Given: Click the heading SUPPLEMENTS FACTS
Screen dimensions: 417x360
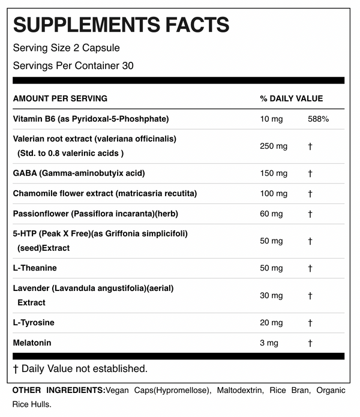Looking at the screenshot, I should [121, 25].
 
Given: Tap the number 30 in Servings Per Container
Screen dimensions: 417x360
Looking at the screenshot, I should [127, 65].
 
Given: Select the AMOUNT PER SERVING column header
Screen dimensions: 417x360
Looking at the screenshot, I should [60, 98].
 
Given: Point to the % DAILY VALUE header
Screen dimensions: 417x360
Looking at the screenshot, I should [291, 98].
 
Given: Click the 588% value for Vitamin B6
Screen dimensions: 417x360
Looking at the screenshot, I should [317, 119].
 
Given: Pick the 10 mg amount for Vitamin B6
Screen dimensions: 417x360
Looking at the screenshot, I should [271, 119].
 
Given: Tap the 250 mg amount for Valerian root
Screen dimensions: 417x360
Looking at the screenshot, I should [274, 146].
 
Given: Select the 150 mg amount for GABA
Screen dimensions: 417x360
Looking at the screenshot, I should [274, 173].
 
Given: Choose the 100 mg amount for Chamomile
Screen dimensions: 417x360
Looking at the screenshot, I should [274, 193].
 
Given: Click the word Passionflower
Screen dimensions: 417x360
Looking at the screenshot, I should [40, 214].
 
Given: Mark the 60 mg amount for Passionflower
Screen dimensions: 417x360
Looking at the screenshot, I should [271, 214].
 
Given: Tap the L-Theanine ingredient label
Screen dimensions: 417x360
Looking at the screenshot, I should [35, 268].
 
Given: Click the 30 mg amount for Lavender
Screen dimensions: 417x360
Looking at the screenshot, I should [271, 295].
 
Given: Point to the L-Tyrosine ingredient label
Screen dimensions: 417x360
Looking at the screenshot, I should [34, 323].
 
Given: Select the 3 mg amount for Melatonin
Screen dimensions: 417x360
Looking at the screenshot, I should [269, 343].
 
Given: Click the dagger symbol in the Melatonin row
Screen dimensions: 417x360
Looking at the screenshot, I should [310, 343].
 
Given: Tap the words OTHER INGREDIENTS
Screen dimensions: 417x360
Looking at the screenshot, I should [58, 391].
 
